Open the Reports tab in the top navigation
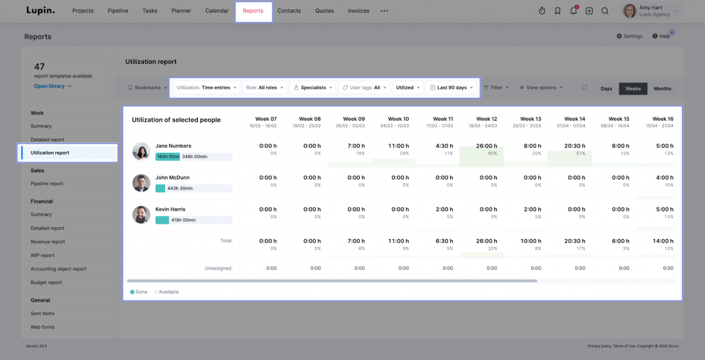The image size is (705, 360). tap(253, 11)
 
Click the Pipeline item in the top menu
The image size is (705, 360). tap(118, 11)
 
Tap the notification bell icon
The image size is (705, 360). tap(573, 11)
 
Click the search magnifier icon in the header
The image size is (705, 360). tap(605, 11)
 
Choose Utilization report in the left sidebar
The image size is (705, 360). tap(50, 153)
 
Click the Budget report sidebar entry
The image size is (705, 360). tap(46, 282)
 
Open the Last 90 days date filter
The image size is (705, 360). tap(452, 88)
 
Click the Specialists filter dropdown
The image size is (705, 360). tap(313, 88)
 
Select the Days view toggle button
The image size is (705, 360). tap(606, 89)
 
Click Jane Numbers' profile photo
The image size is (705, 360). tap(141, 151)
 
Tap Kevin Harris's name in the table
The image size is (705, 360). tap(170, 209)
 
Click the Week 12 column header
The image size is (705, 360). tap(487, 122)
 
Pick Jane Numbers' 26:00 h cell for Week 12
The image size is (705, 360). tap(487, 149)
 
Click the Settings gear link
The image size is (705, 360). tap(629, 36)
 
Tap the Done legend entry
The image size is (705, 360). tap(139, 292)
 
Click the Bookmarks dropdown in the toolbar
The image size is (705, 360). tap(147, 88)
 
